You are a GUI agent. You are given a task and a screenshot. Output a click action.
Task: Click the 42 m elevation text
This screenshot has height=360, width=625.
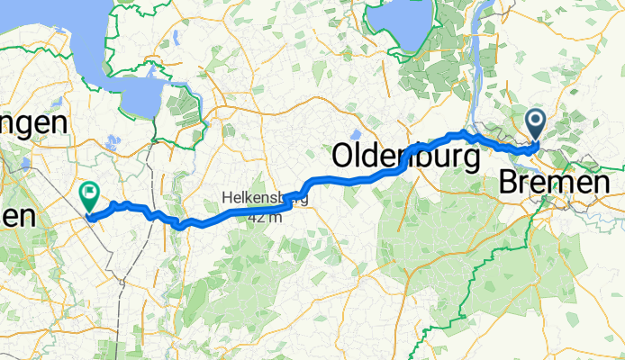point(266,216)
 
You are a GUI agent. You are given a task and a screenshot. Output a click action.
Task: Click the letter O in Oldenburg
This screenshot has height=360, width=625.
point(345,156)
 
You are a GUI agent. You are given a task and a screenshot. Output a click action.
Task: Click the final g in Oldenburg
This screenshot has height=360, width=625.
point(469,158)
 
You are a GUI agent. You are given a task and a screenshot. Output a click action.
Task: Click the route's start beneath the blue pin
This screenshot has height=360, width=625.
point(536,145)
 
